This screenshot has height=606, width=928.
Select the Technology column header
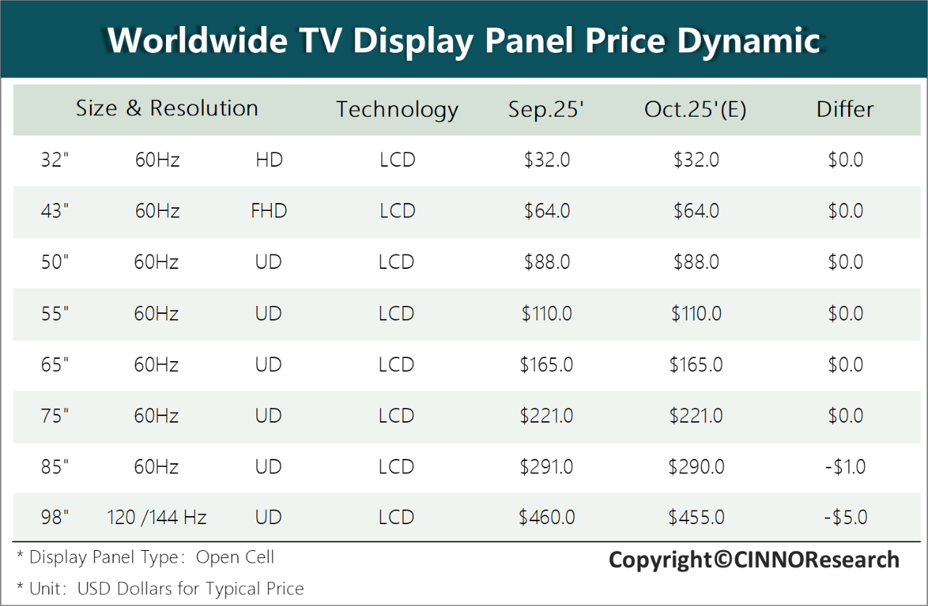[397, 109]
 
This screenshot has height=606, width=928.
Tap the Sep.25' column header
[546, 109]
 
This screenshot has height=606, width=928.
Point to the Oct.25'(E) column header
[695, 109]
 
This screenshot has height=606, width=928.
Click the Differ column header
[845, 109]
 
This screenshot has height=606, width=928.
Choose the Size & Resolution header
[167, 109]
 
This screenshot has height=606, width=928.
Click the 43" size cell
[55, 212]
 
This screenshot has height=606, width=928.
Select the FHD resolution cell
[269, 212]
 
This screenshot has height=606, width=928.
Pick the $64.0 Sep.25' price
[547, 212]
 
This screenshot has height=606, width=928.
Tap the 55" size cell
[55, 314]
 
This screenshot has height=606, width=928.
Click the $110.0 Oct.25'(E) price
[696, 314]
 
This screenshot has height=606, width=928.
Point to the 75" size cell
[55, 416]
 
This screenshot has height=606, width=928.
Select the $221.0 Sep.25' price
[547, 416]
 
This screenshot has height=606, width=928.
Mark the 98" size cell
[55, 518]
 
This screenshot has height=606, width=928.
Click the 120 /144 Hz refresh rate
[157, 518]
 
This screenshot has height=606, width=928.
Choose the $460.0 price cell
[547, 518]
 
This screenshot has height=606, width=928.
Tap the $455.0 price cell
[696, 518]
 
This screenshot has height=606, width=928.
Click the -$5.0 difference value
[845, 518]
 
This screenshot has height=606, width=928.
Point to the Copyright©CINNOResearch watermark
[754, 560]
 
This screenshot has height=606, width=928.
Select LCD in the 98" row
[397, 518]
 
